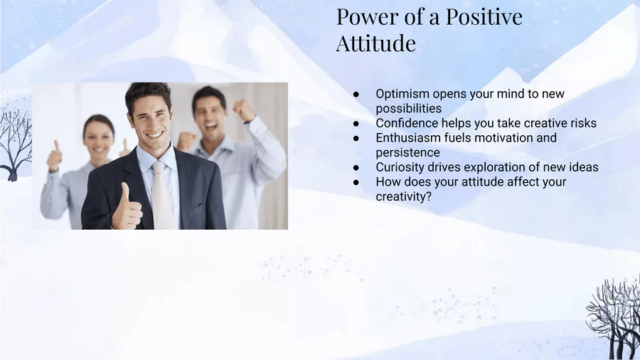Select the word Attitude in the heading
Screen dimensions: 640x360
pos(376,43)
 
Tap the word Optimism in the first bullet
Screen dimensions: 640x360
pos(402,94)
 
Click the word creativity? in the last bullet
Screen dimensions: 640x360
pos(403,197)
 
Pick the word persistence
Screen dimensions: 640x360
pos(407,153)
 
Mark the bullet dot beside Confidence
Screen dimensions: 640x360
pos(356,123)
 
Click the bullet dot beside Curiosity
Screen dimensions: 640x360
pos(356,167)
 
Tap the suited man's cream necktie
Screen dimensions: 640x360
pos(162,195)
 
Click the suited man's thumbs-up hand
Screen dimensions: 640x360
pos(127,208)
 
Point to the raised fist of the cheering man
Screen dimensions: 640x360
pos(244,110)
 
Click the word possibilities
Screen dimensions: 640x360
pos(409,109)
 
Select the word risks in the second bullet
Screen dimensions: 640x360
pos(583,123)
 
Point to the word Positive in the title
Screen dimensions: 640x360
pos(484,17)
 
